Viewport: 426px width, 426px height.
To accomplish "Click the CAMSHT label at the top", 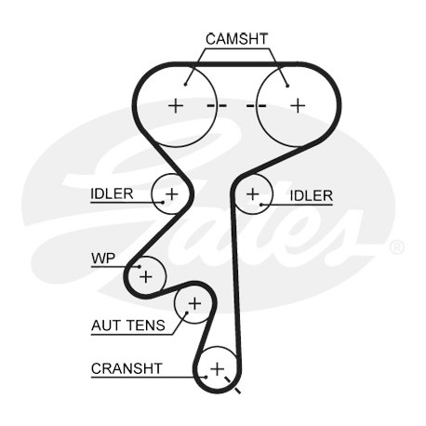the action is [236, 39].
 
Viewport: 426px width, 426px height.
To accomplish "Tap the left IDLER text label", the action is [112, 193].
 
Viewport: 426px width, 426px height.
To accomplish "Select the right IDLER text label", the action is [311, 195].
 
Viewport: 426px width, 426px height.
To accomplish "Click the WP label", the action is [103, 259].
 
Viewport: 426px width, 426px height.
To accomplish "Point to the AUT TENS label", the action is [128, 326].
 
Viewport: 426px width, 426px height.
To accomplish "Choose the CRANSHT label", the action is [126, 368].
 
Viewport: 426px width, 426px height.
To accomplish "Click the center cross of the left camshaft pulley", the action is [176, 106].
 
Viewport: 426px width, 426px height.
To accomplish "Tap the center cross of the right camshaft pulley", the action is [298, 106].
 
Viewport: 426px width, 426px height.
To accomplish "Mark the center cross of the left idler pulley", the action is [171, 194].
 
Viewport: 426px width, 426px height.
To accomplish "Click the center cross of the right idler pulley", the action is [253, 194].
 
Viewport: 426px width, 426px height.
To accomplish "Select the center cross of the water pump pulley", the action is [146, 276].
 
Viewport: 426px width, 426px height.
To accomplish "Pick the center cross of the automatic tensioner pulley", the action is [194, 303].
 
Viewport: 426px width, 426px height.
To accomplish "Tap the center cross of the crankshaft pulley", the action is [217, 369].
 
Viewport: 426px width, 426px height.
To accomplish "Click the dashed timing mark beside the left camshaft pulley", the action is [217, 106].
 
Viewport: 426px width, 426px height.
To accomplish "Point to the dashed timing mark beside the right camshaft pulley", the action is [257, 106].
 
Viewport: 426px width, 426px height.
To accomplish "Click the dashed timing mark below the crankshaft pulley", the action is [233, 385].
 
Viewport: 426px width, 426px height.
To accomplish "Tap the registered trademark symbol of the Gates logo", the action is [396, 247].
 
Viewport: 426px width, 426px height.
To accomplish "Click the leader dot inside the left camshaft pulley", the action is [185, 84].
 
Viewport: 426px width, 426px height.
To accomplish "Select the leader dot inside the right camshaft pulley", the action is [287, 86].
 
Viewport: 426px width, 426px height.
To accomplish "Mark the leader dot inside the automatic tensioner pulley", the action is [187, 313].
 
